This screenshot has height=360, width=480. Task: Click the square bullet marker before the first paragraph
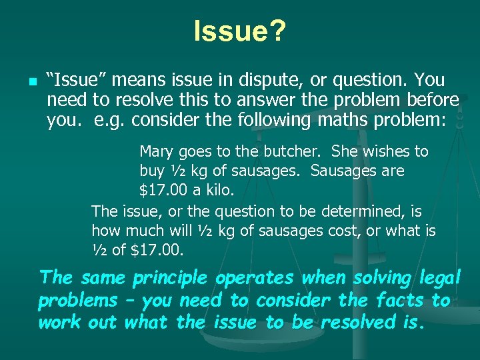click(13, 83)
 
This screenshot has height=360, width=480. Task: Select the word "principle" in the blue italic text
click(170, 277)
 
